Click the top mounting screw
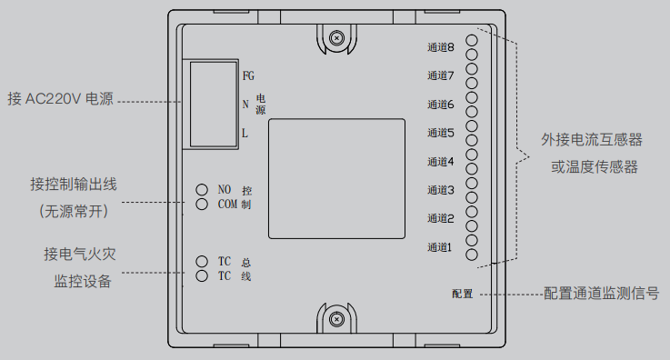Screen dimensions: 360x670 336,38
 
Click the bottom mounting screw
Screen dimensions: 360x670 336,319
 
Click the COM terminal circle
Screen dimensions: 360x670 203,205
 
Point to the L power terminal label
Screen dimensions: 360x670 245,134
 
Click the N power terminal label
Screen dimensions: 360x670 245,104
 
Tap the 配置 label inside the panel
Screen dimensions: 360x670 462,294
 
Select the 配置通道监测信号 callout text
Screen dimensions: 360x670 601,294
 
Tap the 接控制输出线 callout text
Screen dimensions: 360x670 74,185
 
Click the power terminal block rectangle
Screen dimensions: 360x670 211,104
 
